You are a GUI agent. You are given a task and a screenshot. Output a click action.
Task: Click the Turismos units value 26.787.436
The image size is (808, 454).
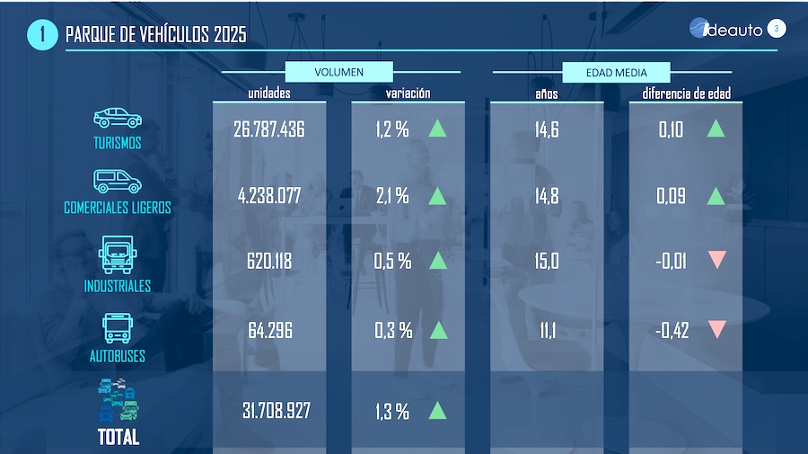[269, 129]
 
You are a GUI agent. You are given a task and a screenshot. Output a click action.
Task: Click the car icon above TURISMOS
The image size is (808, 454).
[118, 118]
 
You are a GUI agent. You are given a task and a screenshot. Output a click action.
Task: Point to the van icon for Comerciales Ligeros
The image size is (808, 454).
[117, 182]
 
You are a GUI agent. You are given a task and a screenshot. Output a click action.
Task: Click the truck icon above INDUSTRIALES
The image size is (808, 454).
[118, 255]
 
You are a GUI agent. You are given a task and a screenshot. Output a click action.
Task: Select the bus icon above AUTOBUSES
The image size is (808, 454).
[118, 328]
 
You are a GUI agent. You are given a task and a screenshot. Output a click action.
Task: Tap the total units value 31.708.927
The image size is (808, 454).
[277, 411]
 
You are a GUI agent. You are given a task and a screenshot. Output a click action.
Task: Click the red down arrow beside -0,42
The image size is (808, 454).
[716, 329]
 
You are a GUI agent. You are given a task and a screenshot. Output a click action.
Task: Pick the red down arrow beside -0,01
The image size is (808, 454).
[716, 260]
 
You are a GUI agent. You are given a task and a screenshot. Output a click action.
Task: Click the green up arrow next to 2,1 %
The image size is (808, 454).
[437, 195]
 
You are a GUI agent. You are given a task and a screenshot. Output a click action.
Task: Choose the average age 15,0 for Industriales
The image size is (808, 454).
[547, 262]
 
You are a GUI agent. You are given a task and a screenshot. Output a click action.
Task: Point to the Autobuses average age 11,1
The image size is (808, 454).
[547, 331]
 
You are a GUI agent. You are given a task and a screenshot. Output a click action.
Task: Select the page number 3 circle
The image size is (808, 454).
[777, 29]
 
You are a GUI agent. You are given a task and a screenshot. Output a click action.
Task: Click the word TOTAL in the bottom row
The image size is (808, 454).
[118, 438]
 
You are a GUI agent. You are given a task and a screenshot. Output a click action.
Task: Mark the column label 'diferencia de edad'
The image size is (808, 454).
[686, 93]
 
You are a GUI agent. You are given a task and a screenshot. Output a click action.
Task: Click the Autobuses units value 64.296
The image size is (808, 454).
[270, 331]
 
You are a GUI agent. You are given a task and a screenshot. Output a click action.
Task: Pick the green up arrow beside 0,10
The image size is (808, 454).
[716, 129]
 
